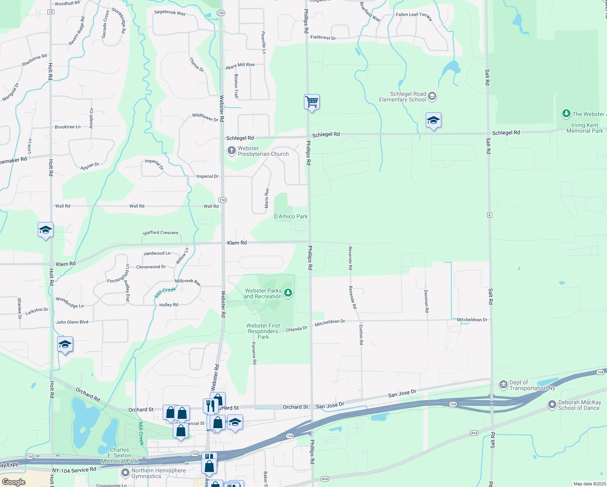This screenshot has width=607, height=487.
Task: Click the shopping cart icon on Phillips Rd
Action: click(312, 101)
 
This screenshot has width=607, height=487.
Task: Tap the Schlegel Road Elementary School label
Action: click(402, 97)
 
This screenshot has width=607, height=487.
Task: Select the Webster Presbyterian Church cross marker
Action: click(231, 151)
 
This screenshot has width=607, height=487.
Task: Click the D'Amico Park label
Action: click(291, 216)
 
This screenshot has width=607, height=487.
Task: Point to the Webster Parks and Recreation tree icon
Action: click(288, 293)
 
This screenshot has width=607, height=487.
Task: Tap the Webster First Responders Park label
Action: click(263, 331)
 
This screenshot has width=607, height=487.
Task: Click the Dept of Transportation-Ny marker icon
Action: click(503, 384)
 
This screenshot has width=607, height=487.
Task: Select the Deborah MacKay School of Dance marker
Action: click(552, 405)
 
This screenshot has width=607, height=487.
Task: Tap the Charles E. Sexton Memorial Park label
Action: click(119, 455)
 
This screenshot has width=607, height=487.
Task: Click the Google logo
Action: click(14, 482)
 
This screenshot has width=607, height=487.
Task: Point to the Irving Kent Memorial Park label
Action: click(584, 128)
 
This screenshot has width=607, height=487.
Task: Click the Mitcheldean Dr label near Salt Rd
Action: click(472, 320)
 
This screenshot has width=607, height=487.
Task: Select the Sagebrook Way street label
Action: click(170, 13)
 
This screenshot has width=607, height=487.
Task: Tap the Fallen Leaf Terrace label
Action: click(414, 16)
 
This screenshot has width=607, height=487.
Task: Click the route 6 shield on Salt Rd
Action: click(490, 215)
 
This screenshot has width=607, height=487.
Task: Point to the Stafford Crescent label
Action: click(160, 233)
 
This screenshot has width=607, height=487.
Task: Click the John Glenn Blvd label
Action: click(72, 322)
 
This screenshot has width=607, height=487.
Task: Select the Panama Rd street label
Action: click(254, 353)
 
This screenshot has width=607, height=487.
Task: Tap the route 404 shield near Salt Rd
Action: click(474, 433)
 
